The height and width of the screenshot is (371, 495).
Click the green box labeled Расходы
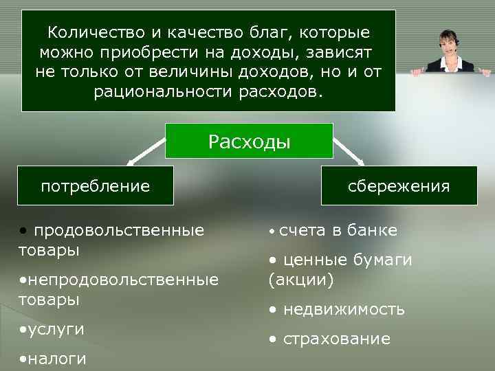coord(250,142)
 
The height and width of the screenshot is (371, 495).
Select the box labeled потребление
coord(96,185)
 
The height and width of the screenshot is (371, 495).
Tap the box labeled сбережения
coord(399,185)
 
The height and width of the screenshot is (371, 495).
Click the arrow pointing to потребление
coord(144,153)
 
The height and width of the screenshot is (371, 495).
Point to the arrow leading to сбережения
coord(349,153)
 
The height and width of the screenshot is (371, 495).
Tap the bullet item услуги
coord(55,329)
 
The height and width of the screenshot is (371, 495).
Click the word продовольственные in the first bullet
coord(118,229)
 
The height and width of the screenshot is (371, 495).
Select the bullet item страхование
coord(335,339)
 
